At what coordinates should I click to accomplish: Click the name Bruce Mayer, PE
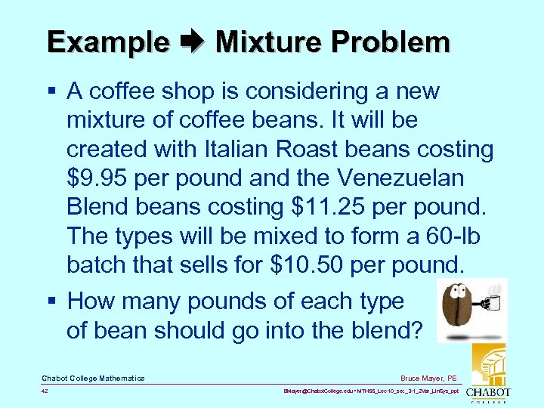tap(429, 377)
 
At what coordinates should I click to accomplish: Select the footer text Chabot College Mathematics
tap(93, 378)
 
